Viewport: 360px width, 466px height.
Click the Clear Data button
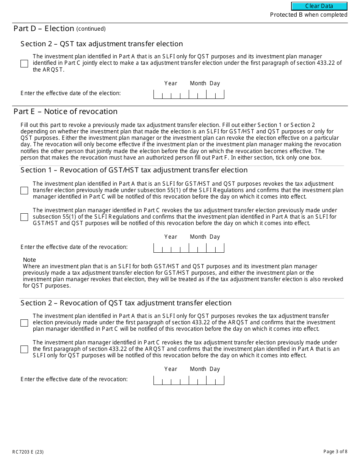[319, 6]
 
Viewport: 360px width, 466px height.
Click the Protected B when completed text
[308, 15]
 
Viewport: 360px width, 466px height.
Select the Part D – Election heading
[44, 28]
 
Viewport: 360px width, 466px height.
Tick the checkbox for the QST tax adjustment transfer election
[24, 64]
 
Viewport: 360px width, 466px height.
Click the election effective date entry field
[188, 94]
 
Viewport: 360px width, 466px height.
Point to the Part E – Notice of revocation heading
[66, 111]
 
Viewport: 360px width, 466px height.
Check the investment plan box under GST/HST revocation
[24, 191]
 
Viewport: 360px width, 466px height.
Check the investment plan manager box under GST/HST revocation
[24, 217]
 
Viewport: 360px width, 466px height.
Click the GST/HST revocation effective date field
[188, 248]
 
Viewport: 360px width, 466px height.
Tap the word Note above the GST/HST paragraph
[30, 260]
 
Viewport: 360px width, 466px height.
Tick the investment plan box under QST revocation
[24, 323]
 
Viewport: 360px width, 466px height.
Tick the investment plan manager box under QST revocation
[24, 349]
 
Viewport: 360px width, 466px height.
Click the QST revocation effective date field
[188, 380]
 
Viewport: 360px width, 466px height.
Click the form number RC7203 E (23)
[28, 452]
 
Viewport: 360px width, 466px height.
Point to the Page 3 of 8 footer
[335, 451]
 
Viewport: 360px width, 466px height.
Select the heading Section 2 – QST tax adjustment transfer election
[102, 44]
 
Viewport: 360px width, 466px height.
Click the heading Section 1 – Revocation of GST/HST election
[134, 170]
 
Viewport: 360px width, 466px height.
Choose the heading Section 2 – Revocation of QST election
[126, 303]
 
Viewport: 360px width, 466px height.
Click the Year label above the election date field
[171, 83]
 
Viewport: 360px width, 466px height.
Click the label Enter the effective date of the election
[70, 93]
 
